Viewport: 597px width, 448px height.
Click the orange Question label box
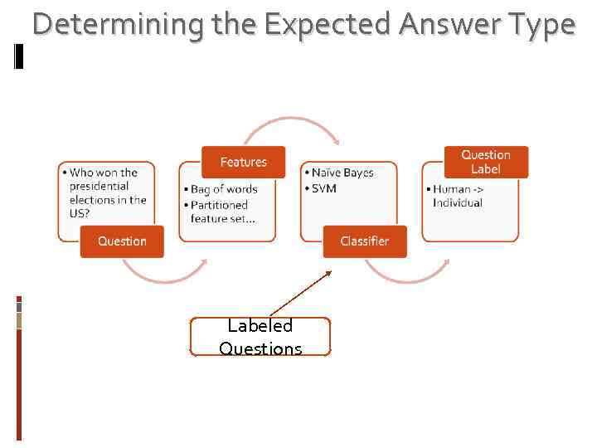pos(122,241)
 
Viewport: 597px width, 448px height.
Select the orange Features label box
pos(243,162)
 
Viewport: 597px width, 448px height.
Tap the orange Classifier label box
pos(364,241)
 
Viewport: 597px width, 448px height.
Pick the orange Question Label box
pos(485,162)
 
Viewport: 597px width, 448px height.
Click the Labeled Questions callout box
pos(260,337)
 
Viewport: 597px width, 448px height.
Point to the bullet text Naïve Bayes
pos(342,173)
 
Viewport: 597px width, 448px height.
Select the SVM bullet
pos(324,188)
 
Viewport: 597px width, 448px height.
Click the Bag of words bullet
pos(224,189)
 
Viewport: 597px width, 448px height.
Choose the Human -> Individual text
pos(458,196)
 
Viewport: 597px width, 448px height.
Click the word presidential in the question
pos(99,186)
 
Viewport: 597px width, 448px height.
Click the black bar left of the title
pos(19,56)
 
